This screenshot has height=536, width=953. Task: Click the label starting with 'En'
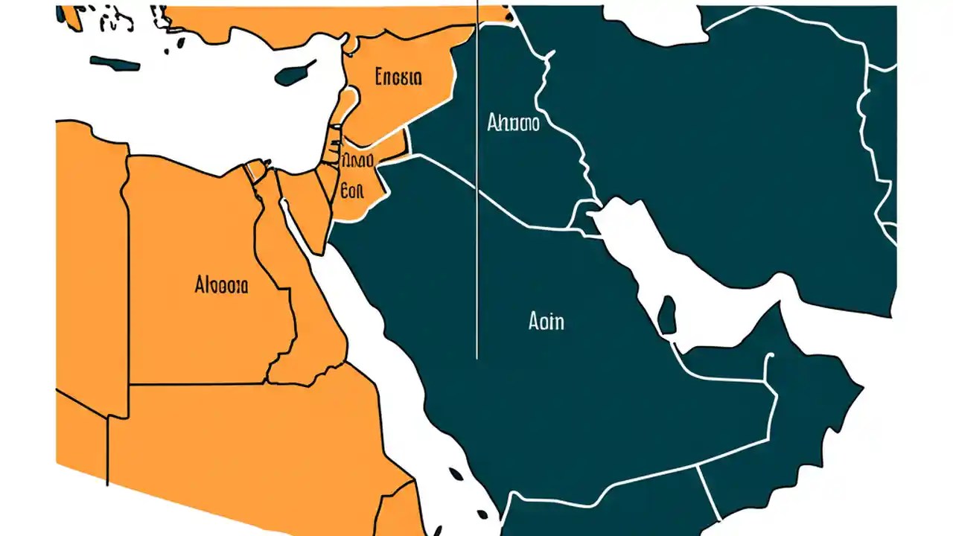(x=399, y=77)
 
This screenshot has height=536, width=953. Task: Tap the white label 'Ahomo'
(x=513, y=123)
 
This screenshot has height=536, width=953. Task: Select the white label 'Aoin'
(x=546, y=322)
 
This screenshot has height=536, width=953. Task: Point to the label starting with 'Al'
(x=221, y=284)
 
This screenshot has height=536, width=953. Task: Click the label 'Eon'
(x=351, y=190)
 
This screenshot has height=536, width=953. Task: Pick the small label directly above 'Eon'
(x=357, y=160)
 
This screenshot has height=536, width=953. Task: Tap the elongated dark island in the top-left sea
(x=115, y=65)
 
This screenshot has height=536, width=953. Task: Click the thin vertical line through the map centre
(x=476, y=223)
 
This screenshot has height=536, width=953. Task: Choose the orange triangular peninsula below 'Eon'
(x=313, y=216)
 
